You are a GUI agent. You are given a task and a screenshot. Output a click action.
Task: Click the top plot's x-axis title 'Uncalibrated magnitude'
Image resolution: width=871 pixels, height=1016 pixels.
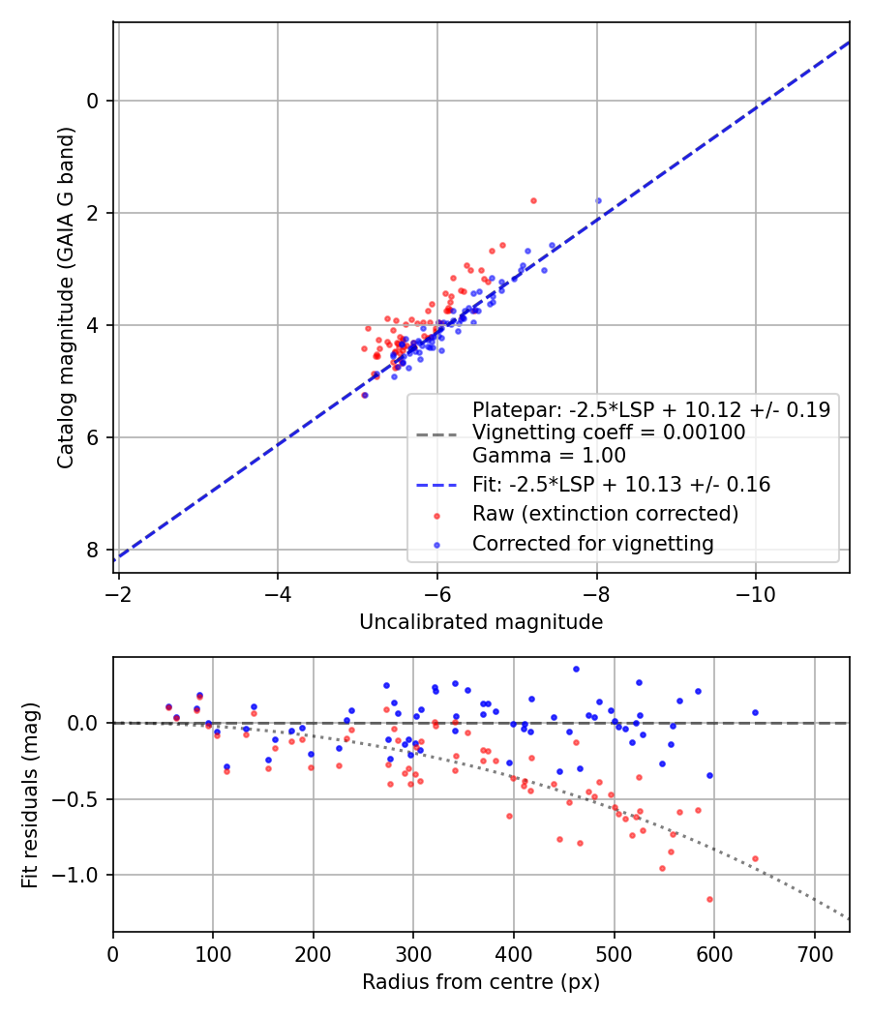coord(481,622)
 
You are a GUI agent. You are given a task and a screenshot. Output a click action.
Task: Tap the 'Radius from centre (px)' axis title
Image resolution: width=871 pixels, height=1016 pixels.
coord(481,982)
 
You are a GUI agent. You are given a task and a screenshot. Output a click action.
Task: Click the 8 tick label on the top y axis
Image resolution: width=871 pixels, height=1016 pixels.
coord(94,550)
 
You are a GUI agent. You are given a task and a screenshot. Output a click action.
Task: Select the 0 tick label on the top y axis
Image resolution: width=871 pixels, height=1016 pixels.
coord(94,101)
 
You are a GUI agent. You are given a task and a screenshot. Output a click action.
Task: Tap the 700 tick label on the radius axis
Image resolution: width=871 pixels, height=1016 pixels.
coord(814,952)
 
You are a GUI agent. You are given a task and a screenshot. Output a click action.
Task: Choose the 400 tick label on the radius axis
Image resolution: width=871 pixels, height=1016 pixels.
coord(514,952)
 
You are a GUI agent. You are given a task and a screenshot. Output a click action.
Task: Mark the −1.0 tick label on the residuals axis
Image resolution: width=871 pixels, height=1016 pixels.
coord(84,875)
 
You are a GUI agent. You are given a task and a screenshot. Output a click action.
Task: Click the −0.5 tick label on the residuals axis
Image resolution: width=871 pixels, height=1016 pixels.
coord(84,799)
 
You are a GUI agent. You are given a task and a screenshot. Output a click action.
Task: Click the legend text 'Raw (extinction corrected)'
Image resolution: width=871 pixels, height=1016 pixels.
coord(605,514)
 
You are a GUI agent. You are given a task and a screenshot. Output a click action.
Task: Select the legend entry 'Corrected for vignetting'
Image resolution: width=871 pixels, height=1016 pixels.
coord(592,544)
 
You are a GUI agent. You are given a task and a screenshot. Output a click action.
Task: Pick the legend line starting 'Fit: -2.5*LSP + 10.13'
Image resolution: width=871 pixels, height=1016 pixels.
coord(620,485)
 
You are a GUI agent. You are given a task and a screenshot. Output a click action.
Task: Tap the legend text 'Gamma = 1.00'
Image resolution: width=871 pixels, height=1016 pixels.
coord(549,456)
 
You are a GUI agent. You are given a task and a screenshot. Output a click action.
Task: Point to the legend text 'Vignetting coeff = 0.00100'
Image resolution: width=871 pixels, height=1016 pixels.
coord(609,433)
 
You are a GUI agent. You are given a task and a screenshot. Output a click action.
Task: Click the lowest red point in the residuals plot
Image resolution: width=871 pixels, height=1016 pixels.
coord(709,899)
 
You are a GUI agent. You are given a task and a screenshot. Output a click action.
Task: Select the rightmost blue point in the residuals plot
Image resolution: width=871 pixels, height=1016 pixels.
coord(755,712)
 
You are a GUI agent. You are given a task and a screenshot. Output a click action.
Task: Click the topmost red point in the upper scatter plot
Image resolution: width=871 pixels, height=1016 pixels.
coord(533,200)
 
